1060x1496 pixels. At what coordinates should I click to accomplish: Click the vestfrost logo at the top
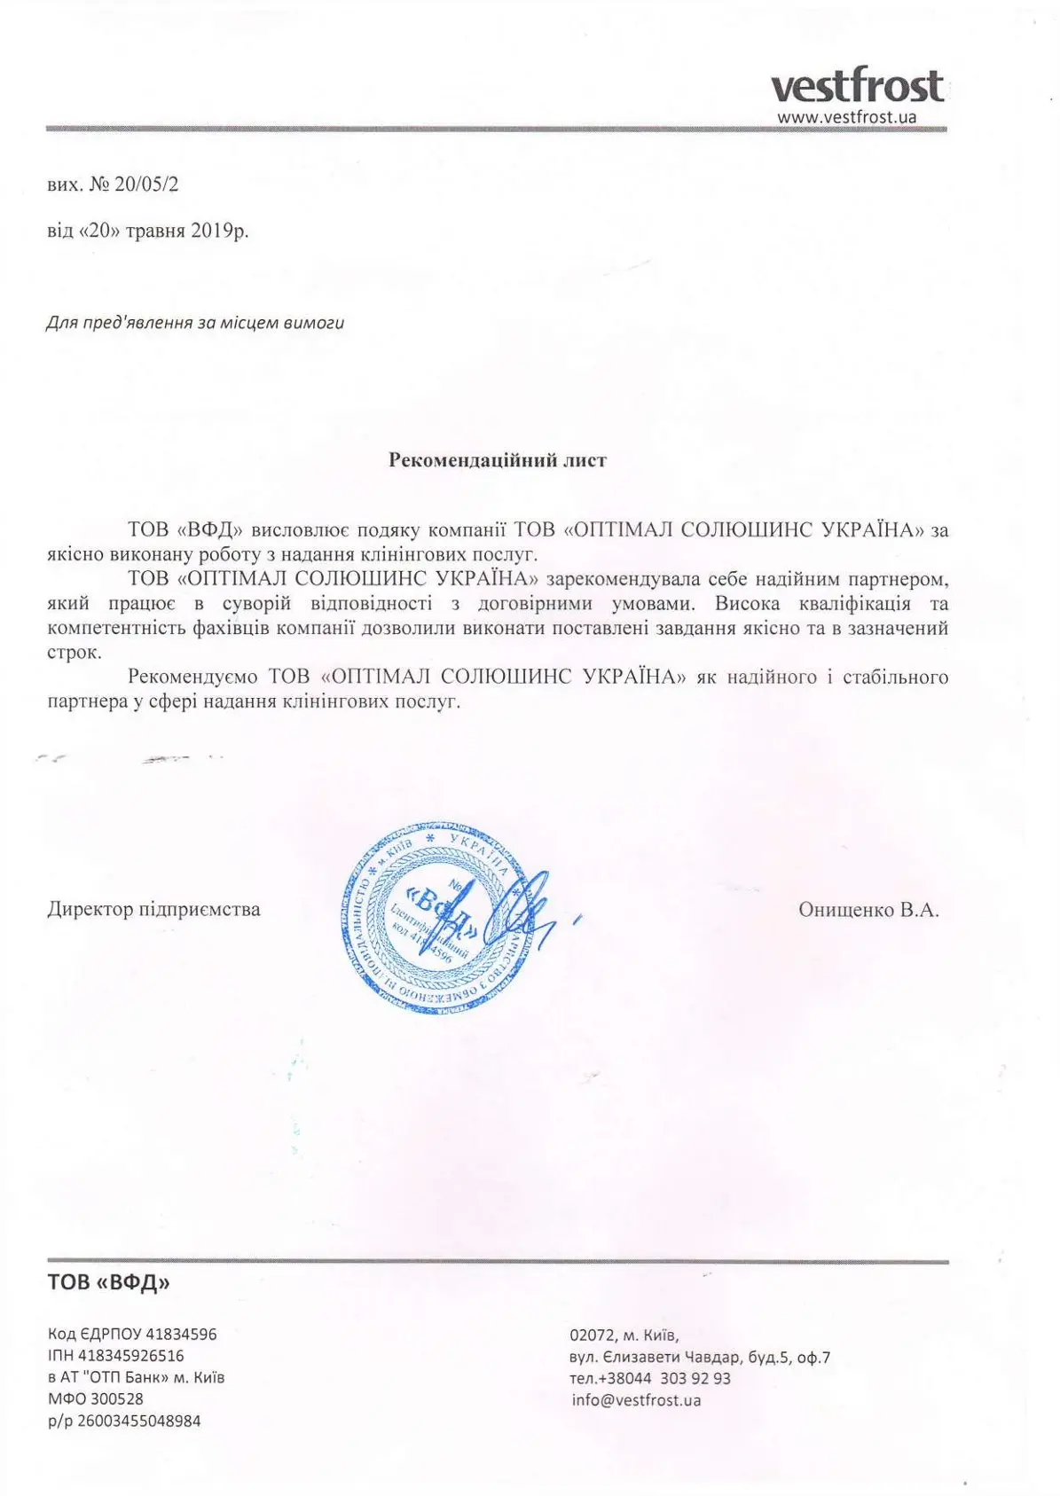pos(856,87)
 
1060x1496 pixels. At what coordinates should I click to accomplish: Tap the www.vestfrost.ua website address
pos(846,117)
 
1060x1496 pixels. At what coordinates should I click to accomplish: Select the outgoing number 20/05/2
pos(147,184)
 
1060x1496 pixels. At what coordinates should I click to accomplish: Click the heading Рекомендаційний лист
pos(498,460)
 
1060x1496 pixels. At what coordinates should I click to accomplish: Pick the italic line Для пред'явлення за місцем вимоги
pos(195,323)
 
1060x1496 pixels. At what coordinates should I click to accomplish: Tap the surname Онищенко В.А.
pos(868,909)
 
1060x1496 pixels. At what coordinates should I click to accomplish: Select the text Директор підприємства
pos(153,909)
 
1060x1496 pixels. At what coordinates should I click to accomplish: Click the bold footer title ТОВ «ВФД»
pos(108,1281)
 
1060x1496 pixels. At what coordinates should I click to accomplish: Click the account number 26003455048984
pos(138,1421)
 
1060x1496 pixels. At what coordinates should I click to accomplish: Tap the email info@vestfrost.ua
pos(636,1400)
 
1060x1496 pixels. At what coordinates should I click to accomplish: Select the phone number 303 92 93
pos(696,1378)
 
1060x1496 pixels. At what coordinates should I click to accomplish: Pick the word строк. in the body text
pos(75,652)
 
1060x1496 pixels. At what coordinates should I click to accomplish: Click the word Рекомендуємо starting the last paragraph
pos(192,677)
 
